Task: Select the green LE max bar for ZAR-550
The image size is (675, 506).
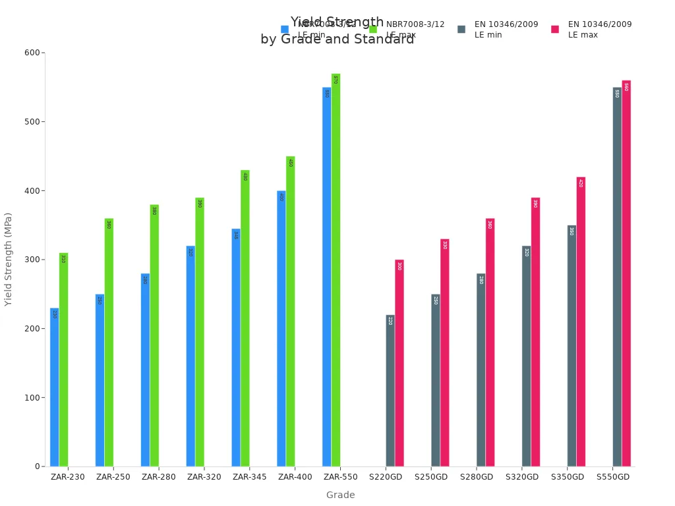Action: [336, 270]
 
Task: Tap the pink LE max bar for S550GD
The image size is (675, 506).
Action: [626, 273]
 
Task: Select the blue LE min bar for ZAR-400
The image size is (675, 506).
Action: [281, 329]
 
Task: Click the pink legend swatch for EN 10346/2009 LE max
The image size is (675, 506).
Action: [555, 30]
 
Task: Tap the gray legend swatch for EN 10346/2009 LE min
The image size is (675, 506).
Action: [461, 30]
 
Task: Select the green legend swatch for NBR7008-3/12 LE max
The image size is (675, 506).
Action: [373, 30]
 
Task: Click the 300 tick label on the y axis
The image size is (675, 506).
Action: [30, 260]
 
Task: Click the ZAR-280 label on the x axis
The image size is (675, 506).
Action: [159, 477]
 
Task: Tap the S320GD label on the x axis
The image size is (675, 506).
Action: [522, 477]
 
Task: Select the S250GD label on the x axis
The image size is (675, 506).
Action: [431, 477]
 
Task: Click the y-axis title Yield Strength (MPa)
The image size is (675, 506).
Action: [9, 259]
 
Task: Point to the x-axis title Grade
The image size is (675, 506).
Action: [340, 495]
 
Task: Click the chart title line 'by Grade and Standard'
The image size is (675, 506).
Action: [337, 40]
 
